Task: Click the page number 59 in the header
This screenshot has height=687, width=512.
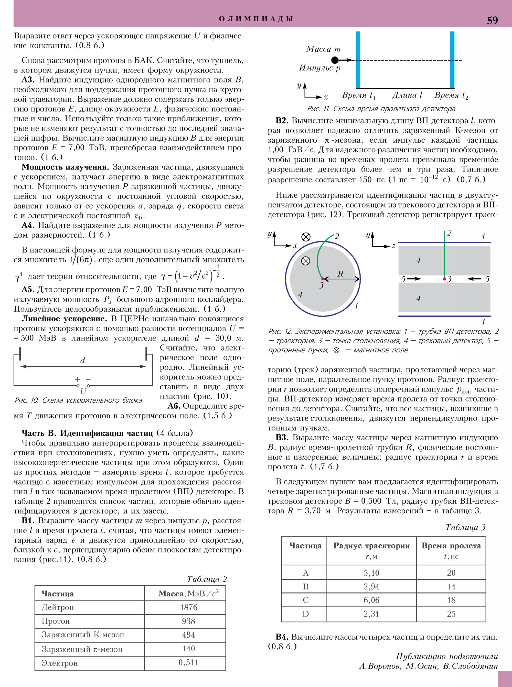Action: click(492, 20)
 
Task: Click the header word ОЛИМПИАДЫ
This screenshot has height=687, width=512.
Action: click(256, 19)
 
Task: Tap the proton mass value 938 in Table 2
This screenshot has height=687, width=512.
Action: click(188, 621)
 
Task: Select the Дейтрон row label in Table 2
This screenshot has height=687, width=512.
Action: click(58, 607)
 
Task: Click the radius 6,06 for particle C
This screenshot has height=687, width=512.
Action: click(371, 600)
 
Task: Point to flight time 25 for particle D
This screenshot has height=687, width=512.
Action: click(451, 614)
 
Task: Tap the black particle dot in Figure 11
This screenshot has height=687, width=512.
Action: click(335, 60)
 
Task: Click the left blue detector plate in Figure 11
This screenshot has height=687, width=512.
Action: click(358, 60)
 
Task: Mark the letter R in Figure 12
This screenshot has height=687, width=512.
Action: click(340, 274)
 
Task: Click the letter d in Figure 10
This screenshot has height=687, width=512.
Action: click(82, 360)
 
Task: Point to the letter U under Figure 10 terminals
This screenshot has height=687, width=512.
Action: click(83, 391)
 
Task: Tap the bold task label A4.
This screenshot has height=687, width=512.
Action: click(28, 225)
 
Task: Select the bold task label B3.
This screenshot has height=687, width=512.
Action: click(282, 437)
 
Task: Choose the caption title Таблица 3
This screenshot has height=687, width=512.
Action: click(465, 527)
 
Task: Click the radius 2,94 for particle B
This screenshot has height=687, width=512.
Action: click(371, 587)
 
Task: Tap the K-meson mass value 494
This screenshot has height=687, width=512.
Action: click(188, 635)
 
